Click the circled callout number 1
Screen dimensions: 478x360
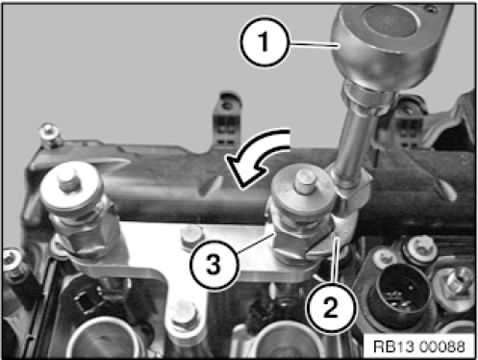(264, 41)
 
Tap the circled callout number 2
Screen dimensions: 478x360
(332, 306)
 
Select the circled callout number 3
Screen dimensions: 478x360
(214, 264)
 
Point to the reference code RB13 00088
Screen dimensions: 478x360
(419, 347)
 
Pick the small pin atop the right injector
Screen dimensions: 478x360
(305, 181)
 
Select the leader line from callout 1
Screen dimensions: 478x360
(314, 44)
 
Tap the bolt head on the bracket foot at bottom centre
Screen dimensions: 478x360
(186, 316)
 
